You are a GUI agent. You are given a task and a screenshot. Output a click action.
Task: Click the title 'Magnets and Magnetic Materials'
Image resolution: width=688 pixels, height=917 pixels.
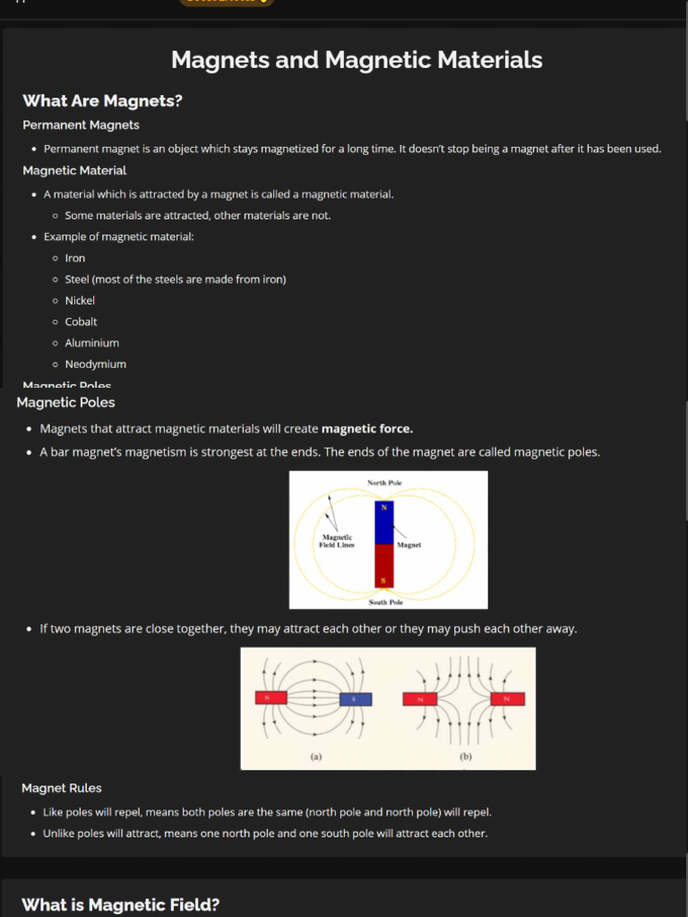point(357,60)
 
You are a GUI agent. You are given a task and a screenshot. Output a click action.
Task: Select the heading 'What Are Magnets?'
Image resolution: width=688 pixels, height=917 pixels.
point(102,101)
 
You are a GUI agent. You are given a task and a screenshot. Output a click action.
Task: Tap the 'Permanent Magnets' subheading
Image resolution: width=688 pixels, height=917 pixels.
point(81,125)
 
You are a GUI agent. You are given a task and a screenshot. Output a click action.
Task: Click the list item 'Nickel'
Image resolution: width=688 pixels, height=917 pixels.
point(80,301)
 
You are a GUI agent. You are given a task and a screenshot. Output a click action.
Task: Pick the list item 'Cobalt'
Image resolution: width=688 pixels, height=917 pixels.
point(81,321)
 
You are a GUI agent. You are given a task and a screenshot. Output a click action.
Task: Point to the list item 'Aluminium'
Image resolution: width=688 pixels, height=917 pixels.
point(91,343)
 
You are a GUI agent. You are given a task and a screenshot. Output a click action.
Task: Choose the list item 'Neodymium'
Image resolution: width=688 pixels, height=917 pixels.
point(95,364)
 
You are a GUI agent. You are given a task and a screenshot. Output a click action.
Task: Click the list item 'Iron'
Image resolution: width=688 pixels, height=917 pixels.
point(75,258)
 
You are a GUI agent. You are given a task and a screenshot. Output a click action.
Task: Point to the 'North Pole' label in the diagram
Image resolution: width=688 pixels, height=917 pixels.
point(384,484)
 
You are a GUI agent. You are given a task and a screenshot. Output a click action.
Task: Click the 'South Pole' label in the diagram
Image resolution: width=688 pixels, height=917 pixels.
point(385,603)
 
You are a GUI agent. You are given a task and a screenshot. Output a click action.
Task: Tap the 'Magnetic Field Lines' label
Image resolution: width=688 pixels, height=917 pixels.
point(337,541)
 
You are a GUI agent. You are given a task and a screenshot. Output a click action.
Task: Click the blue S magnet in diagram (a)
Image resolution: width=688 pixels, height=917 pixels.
point(356,699)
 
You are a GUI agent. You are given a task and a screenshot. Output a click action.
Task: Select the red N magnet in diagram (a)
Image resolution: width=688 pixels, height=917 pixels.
point(271,698)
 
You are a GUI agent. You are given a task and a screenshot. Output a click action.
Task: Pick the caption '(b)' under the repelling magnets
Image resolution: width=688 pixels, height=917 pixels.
point(465,757)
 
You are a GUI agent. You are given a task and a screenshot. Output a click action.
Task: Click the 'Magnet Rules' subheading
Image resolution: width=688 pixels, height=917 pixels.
point(62,788)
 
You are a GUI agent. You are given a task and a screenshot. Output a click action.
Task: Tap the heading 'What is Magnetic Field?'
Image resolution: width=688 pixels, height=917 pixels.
point(120,904)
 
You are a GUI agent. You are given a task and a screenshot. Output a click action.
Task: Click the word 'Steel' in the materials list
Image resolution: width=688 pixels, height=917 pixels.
point(77,279)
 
